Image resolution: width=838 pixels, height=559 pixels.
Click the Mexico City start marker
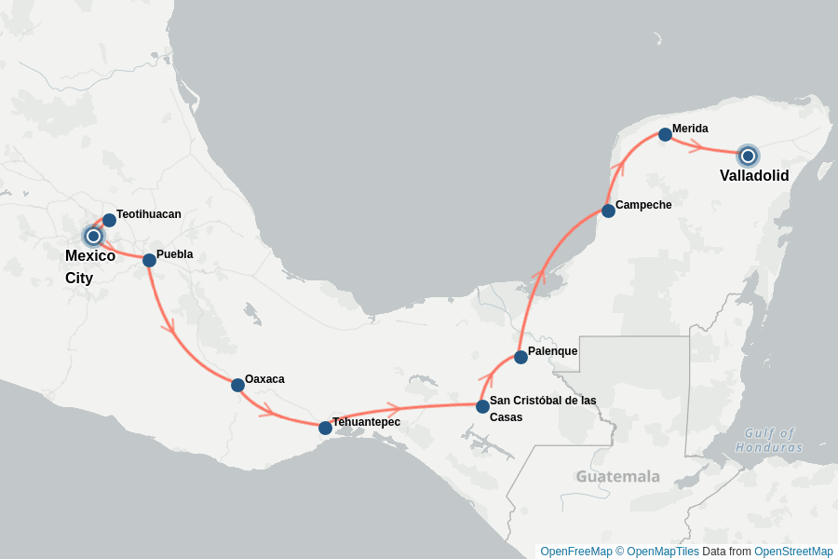pos(93,236)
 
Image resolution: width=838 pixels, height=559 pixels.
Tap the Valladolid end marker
pos(748,156)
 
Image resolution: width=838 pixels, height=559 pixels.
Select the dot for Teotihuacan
pos(109,220)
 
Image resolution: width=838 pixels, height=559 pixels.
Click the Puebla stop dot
pos(149,260)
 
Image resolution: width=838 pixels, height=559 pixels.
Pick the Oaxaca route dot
pos(237,385)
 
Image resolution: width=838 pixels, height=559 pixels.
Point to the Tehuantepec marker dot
pos(325,428)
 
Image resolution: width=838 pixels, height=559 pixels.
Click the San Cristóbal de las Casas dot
pos(482,406)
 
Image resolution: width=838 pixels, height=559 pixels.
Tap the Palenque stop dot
pos(520,357)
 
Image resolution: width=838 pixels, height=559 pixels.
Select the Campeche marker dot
pos(608,211)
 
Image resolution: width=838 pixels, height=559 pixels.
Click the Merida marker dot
pos(665,134)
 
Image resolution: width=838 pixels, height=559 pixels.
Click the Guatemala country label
pos(617,476)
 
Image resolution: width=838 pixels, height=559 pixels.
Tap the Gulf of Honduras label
pos(769,440)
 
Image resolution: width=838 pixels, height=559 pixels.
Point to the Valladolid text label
pos(754,176)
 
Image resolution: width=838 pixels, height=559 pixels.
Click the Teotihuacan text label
pos(149,214)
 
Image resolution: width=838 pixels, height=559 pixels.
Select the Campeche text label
pos(643,205)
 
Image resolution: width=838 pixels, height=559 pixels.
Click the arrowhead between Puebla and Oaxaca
pos(169,327)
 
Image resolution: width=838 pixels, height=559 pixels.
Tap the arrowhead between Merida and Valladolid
pos(696,144)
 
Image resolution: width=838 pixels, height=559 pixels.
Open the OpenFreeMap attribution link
pos(575,552)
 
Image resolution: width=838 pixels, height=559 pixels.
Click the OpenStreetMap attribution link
pos(793,552)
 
